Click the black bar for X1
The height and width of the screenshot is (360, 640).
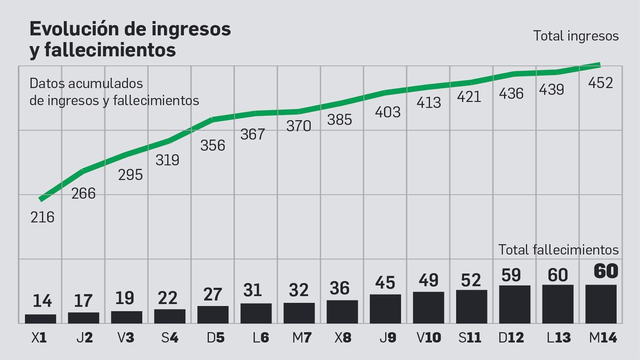coord(40,319)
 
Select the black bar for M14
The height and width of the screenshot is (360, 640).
coord(601,304)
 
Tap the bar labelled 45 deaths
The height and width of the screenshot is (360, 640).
coord(385,309)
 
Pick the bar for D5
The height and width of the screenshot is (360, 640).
coord(213,315)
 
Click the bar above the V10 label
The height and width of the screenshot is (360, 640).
coord(428,308)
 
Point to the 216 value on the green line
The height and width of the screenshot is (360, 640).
coord(42,217)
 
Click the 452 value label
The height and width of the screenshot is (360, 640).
coord(600,83)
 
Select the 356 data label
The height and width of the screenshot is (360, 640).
coord(213,146)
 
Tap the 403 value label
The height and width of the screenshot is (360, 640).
coord(388,112)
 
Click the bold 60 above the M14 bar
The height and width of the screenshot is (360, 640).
coord(606,272)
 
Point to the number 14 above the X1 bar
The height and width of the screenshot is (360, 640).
coord(42,301)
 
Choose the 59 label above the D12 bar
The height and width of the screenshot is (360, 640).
coord(511,275)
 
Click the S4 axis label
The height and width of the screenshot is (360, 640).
coord(170,338)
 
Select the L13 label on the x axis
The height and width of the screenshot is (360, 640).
coord(558,338)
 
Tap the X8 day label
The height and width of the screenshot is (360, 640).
coord(343,338)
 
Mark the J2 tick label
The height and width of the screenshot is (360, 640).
coord(84,338)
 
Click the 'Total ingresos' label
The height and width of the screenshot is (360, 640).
coord(576,36)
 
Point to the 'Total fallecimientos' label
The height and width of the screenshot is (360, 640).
coord(558,250)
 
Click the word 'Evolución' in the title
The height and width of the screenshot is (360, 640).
coord(74,29)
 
